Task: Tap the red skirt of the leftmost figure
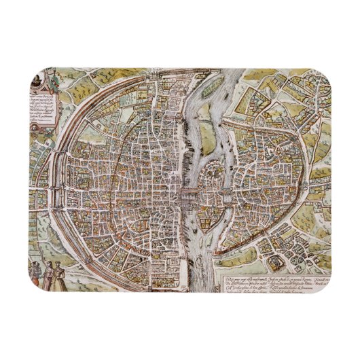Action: pos(35,278)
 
